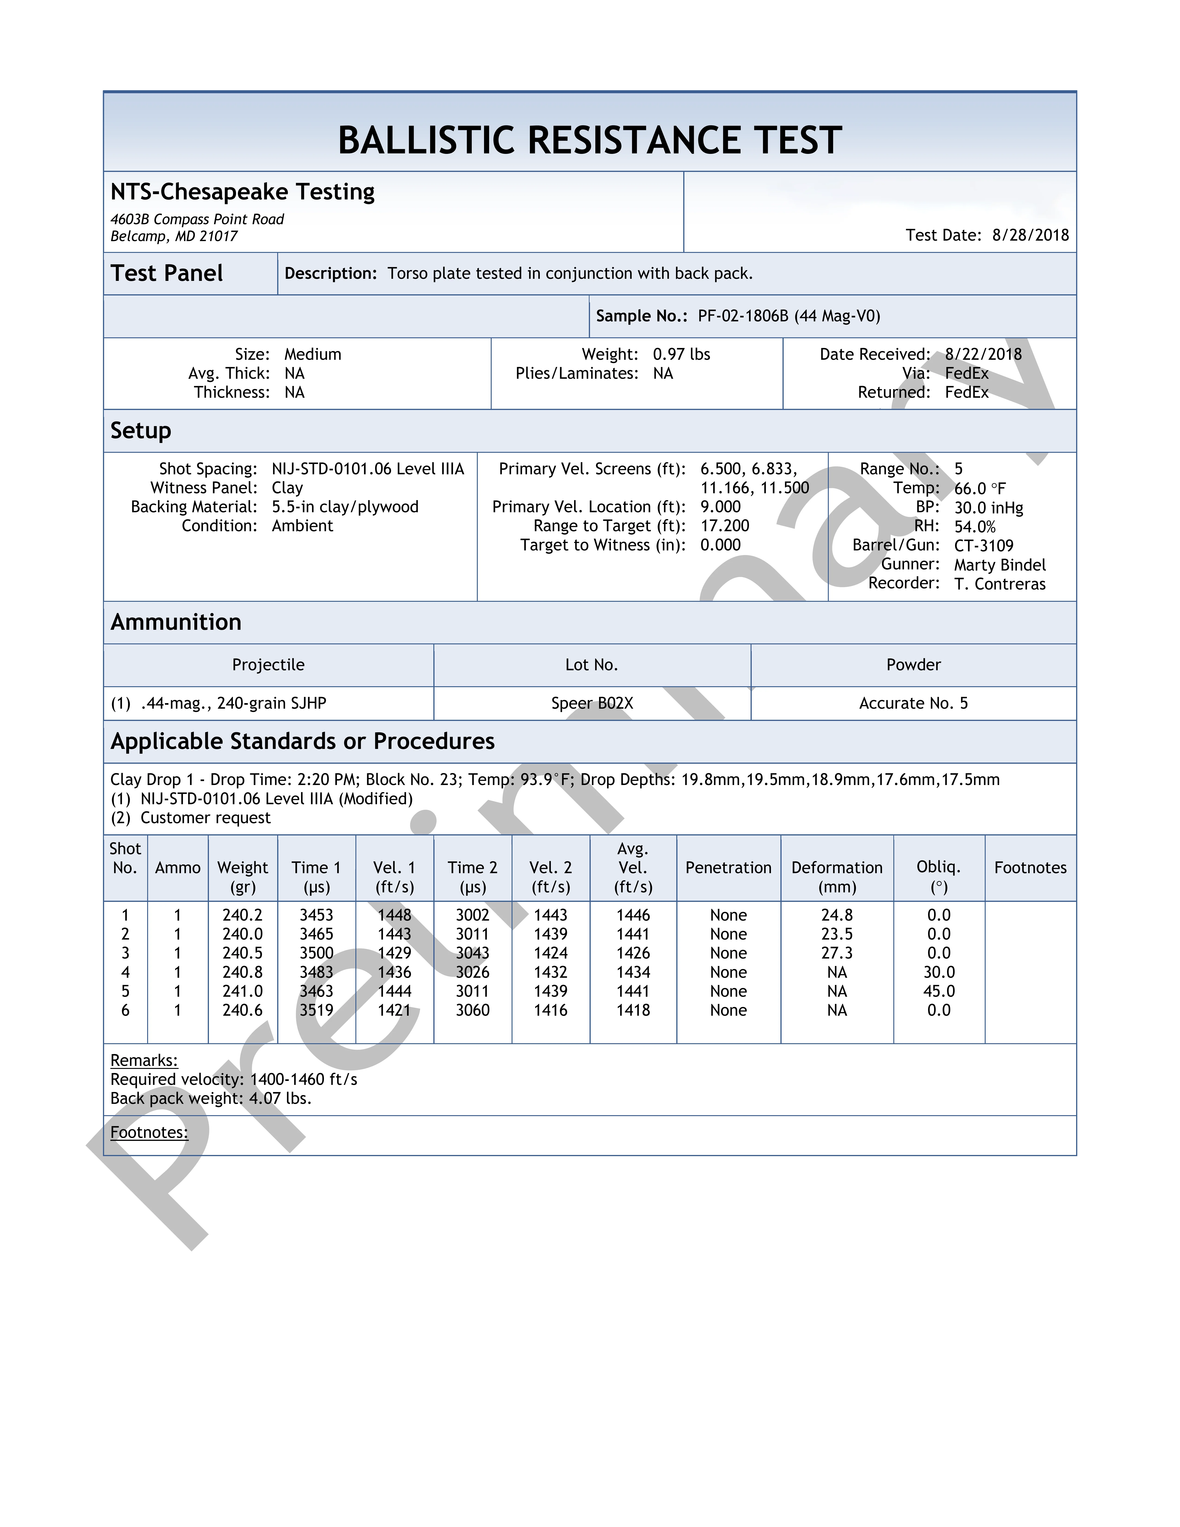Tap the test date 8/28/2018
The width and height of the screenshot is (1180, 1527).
(x=1030, y=235)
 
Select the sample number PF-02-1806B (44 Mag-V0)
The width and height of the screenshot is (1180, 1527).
(x=789, y=316)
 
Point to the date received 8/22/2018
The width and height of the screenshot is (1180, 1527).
(x=983, y=354)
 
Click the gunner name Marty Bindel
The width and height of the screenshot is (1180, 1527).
(x=1000, y=565)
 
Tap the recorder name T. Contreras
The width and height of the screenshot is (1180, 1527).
(x=1000, y=584)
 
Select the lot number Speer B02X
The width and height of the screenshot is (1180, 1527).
(x=592, y=703)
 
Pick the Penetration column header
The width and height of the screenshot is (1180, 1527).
(x=728, y=868)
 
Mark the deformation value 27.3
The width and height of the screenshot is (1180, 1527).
(x=837, y=953)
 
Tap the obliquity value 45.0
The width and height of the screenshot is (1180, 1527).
(x=939, y=991)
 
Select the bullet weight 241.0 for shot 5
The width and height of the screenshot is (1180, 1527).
(x=242, y=991)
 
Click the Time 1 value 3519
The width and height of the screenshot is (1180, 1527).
(x=317, y=1010)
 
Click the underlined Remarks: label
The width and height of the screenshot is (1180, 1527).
(x=144, y=1060)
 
